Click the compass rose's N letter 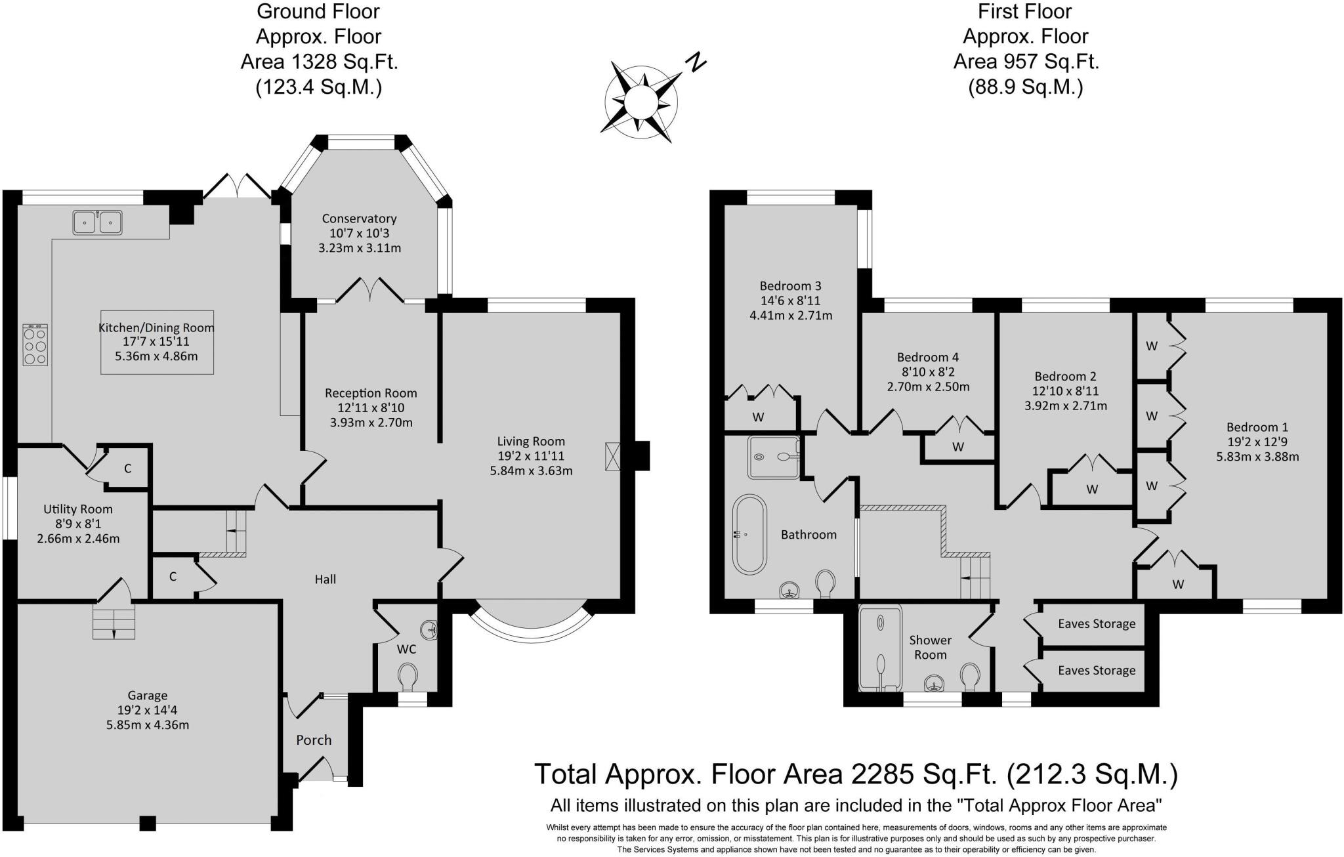pyautogui.click(x=696, y=62)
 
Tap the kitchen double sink pyautogui.click(x=97, y=222)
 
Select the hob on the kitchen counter pyautogui.click(x=35, y=345)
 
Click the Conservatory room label pyautogui.click(x=359, y=219)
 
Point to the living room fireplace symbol pyautogui.click(x=613, y=456)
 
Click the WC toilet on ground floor pyautogui.click(x=408, y=676)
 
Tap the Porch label pyautogui.click(x=314, y=740)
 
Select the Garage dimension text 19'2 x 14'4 pyautogui.click(x=147, y=710)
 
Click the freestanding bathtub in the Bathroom pyautogui.click(x=749, y=535)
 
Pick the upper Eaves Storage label pyautogui.click(x=1096, y=623)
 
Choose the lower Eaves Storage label pyautogui.click(x=1096, y=670)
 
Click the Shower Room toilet pyautogui.click(x=970, y=677)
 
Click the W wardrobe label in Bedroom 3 pyautogui.click(x=758, y=417)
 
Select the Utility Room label pyautogui.click(x=78, y=509)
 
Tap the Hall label pyautogui.click(x=325, y=579)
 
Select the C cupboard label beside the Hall pyautogui.click(x=173, y=577)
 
